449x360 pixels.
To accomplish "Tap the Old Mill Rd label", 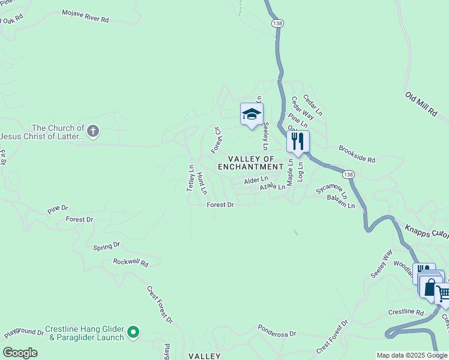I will click(x=421, y=104).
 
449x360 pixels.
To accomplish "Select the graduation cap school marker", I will click(x=252, y=114).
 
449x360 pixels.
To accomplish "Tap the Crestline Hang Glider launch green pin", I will click(x=133, y=331).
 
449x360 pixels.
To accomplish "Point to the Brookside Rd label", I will click(x=357, y=154).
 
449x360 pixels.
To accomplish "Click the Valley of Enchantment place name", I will click(x=250, y=162).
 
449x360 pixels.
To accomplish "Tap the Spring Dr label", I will click(x=107, y=246).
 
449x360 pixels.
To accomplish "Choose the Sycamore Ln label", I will click(x=331, y=189).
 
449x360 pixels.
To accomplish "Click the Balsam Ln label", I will click(x=341, y=202).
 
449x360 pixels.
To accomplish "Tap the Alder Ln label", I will click(x=256, y=181).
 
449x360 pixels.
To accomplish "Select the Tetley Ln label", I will click(x=191, y=178).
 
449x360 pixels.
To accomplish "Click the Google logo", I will click(x=20, y=352).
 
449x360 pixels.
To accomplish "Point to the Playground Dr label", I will click(x=24, y=331).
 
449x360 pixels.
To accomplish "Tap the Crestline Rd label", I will click(x=406, y=313).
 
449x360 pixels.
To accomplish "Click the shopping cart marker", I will click(x=443, y=293).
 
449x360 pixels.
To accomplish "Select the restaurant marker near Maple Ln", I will click(x=298, y=142).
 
